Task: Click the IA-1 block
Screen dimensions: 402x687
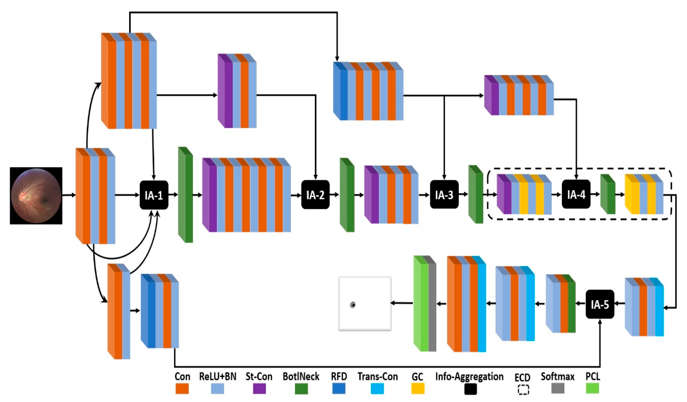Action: point(154,195)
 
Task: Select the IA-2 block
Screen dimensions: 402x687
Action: point(315,195)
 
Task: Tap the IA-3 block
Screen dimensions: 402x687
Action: point(444,195)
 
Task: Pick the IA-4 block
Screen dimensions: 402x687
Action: point(576,194)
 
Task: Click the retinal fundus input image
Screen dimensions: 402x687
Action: point(36,196)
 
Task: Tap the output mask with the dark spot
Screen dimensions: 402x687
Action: point(365,304)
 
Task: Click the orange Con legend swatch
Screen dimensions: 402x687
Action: point(182,388)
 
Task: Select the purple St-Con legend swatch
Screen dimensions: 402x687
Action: point(259,388)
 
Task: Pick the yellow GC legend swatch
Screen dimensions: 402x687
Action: point(418,388)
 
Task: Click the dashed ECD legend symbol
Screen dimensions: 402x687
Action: point(523,390)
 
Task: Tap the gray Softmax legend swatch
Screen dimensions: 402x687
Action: point(558,388)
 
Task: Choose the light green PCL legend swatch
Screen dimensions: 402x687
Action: point(592,388)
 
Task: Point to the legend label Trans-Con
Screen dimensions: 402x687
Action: point(378,377)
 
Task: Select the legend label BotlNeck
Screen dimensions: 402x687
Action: point(301,377)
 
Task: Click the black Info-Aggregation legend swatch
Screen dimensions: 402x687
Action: point(470,389)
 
